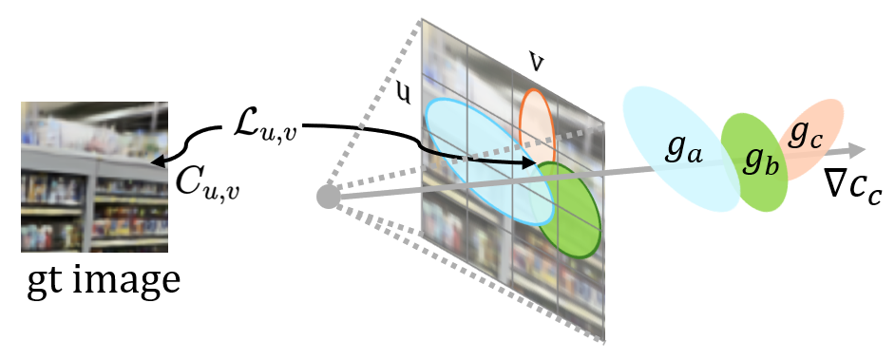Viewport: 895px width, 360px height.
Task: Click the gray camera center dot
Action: coord(328,198)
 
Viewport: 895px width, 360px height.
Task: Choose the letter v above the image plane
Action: coord(537,64)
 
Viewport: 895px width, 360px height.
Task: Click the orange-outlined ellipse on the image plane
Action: coord(537,119)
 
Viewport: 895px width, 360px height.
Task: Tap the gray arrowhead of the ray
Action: coord(858,149)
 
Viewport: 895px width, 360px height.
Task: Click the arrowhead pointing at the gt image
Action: coord(154,161)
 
